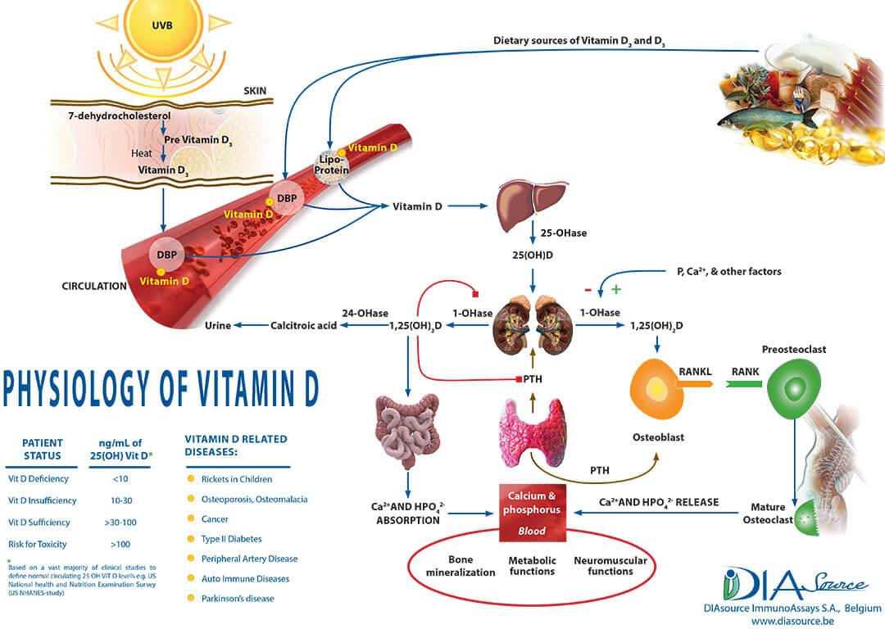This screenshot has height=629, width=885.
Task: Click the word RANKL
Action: click(694, 371)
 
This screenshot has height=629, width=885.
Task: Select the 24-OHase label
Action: click(365, 312)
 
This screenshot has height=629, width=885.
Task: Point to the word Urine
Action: click(217, 326)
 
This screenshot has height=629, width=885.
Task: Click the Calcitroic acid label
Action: click(304, 326)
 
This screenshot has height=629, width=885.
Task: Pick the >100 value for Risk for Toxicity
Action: click(120, 544)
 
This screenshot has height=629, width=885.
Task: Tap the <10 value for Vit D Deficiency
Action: click(120, 478)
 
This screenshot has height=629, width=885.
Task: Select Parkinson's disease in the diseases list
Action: click(238, 599)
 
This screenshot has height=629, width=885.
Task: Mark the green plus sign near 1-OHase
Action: click(616, 289)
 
